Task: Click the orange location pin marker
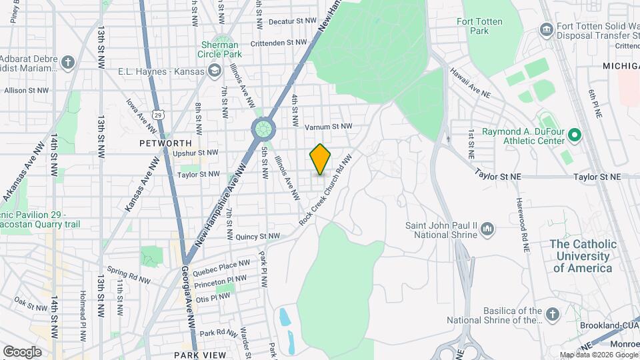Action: [320, 159]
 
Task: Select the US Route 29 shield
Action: [157, 115]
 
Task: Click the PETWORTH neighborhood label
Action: [165, 143]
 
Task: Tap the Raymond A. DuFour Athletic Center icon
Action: [573, 136]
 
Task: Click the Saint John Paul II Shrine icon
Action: [487, 230]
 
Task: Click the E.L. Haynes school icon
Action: [214, 71]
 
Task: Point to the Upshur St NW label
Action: [195, 153]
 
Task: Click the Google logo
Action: [22, 351]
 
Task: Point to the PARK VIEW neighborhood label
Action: [200, 355]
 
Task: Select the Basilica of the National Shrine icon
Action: [551, 314]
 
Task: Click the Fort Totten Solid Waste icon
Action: [547, 29]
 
